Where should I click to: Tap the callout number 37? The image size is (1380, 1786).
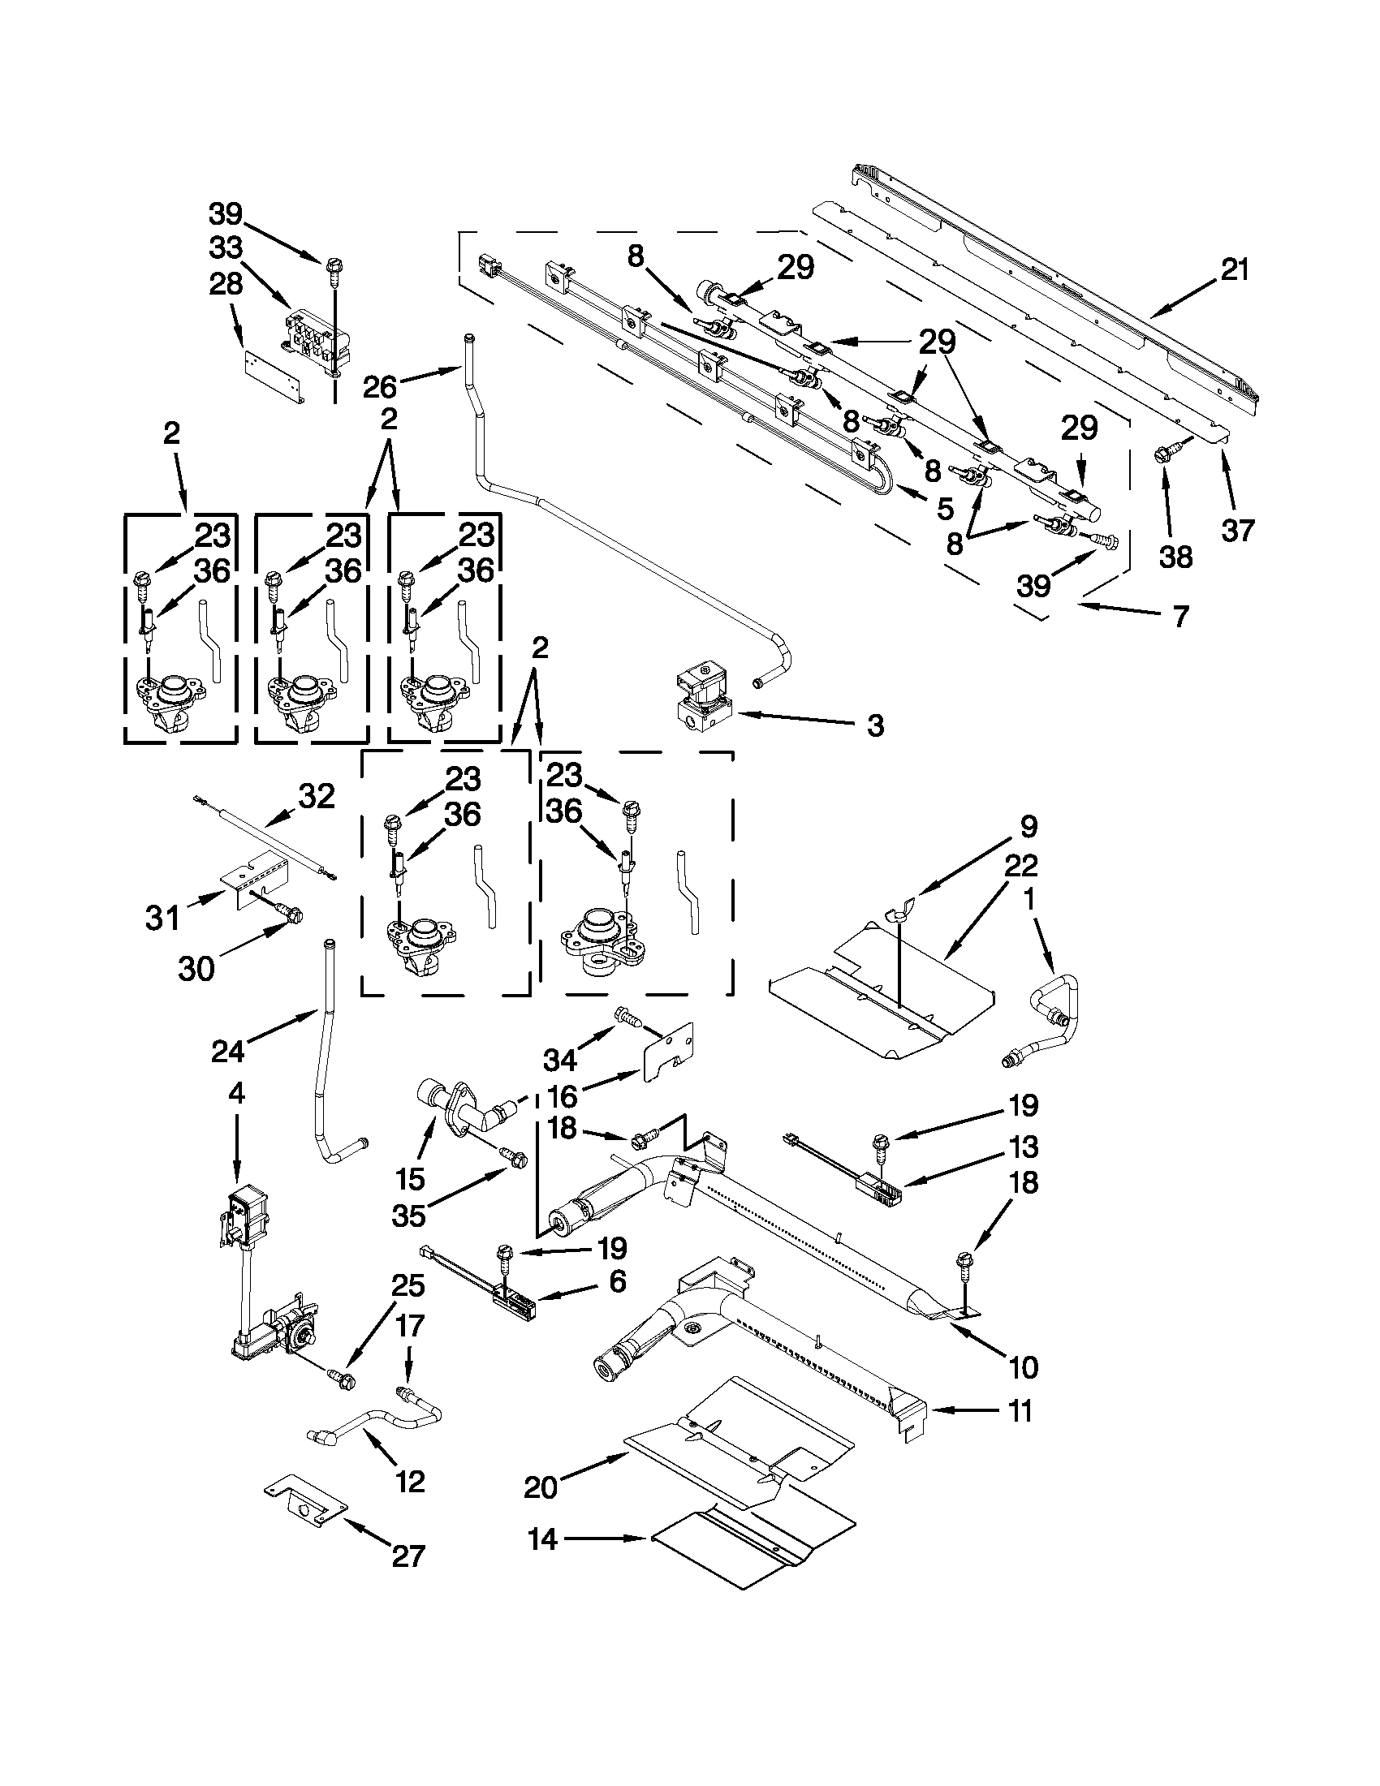point(1238,531)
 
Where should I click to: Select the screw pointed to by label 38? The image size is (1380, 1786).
point(1165,456)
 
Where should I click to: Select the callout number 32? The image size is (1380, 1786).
point(317,796)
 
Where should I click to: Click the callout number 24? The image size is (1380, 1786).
point(227,1050)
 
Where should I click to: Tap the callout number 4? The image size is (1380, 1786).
point(236,1093)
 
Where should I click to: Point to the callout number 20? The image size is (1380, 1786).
point(540,1487)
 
